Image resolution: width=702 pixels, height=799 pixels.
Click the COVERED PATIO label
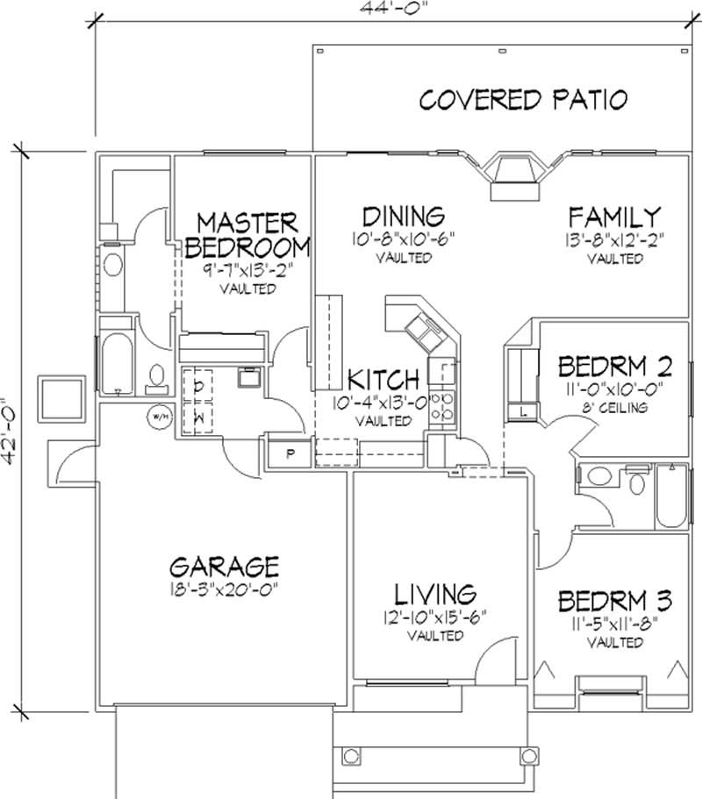pos(523,99)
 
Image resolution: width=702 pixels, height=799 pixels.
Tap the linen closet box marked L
pos(522,410)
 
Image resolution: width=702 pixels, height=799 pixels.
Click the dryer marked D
pos(198,385)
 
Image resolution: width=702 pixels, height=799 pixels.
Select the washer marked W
pos(198,417)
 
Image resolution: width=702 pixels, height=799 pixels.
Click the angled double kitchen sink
pos(422,331)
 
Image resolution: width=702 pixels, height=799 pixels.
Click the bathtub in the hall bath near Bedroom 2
pos(671,496)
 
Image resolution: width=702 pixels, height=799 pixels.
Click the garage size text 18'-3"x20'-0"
pos(226,589)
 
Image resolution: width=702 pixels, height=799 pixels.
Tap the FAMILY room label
pos(613,217)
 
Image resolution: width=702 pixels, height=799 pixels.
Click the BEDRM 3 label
pos(615,602)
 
